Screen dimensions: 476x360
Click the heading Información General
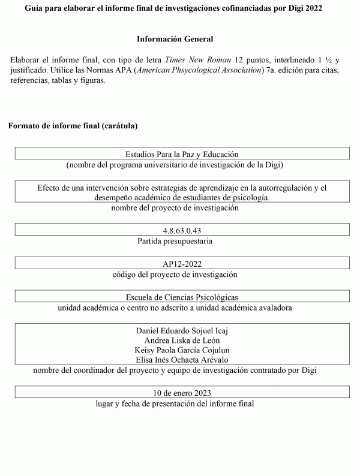[175, 39]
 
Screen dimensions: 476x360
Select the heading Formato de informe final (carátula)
[73, 126]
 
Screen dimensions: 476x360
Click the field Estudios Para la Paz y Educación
[182, 154]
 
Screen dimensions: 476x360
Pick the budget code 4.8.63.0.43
[182, 230]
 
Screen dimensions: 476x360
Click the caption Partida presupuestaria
[175, 241]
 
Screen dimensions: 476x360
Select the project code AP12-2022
[182, 264]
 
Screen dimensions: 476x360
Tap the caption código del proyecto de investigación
[175, 275]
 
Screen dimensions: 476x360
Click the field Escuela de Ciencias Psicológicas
[182, 297]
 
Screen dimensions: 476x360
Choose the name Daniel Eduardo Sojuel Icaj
[182, 330]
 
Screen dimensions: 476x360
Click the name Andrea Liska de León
[182, 340]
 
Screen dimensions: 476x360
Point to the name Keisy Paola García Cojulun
[182, 350]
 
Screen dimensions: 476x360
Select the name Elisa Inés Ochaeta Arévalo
[182, 360]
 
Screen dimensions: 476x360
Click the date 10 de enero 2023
[182, 393]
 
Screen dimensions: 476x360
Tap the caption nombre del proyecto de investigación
[175, 208]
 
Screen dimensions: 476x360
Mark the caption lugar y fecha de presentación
[175, 403]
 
